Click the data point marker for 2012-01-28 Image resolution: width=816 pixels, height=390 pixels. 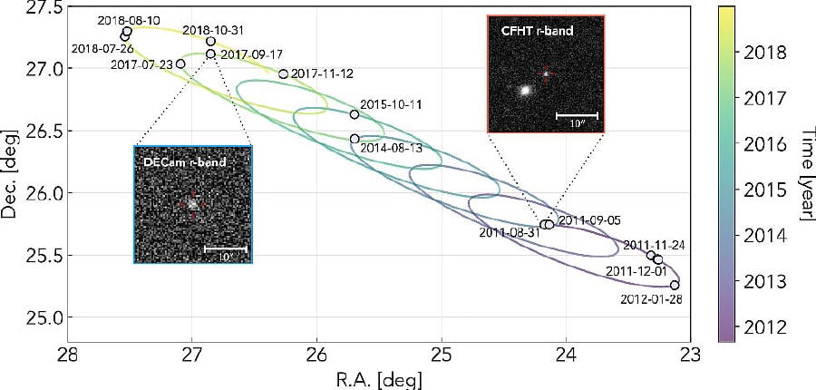pyautogui.click(x=675, y=285)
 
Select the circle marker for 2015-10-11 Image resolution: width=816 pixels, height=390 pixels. pyautogui.click(x=355, y=114)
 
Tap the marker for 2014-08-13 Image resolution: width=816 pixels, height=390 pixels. pyautogui.click(x=355, y=139)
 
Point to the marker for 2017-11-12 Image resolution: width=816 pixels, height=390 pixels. pyautogui.click(x=283, y=74)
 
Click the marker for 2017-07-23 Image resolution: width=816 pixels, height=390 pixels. pyautogui.click(x=180, y=63)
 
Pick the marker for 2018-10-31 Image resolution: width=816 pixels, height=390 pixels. pyautogui.click(x=210, y=41)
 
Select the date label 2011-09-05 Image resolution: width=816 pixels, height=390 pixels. pyautogui.click(x=588, y=219)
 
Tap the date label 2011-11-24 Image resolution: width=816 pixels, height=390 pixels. pyautogui.click(x=654, y=244)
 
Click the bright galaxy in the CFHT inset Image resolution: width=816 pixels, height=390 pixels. pyautogui.click(x=524, y=91)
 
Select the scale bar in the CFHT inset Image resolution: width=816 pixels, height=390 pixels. pyautogui.click(x=576, y=117)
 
